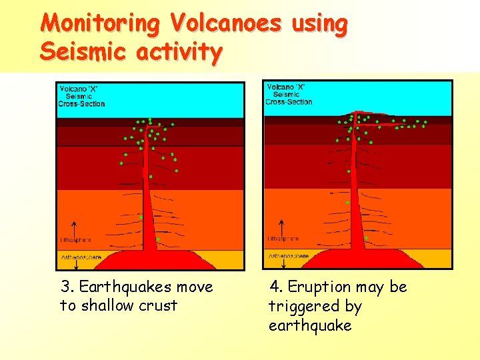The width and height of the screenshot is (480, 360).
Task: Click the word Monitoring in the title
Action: click(100, 23)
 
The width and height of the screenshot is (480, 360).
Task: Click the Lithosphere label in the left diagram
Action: click(75, 240)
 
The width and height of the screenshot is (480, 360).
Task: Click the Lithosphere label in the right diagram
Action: click(283, 238)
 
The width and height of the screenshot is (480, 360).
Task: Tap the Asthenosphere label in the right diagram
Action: click(288, 255)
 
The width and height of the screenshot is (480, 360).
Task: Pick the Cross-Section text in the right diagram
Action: click(289, 102)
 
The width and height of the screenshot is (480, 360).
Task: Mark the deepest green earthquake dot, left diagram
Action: click(157, 239)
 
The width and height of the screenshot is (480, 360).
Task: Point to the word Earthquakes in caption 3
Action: click(117, 287)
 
